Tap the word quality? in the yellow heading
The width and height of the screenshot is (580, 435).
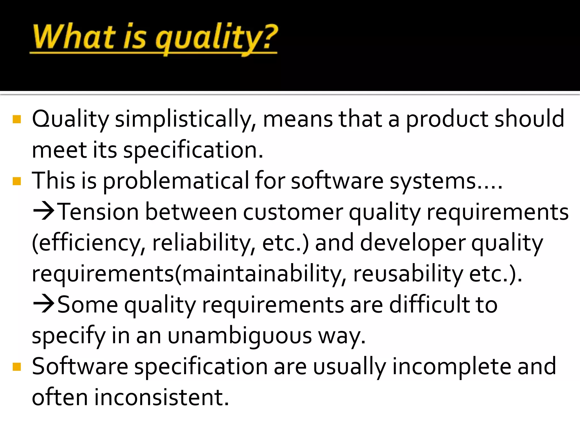[217, 38]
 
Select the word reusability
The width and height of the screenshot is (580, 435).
[408, 274]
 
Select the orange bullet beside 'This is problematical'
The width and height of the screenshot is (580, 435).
[17, 181]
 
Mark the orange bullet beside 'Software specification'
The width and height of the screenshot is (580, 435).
[17, 367]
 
